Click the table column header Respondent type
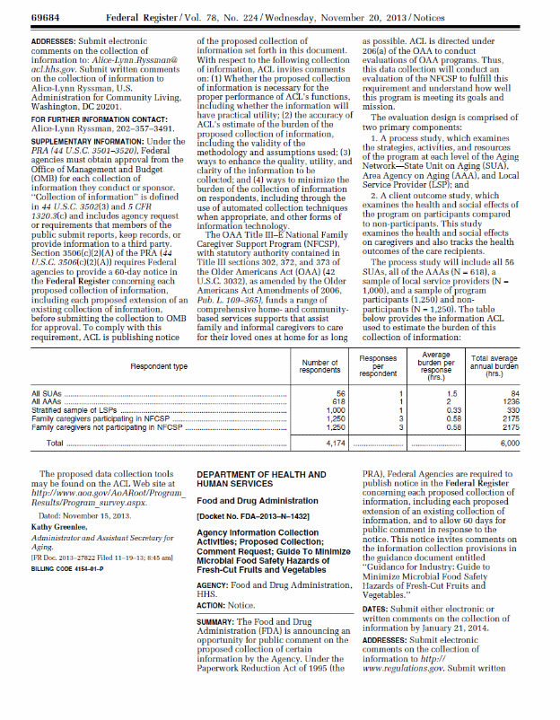pyautogui.click(x=159, y=366)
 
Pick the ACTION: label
pyautogui.click(x=214, y=603)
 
